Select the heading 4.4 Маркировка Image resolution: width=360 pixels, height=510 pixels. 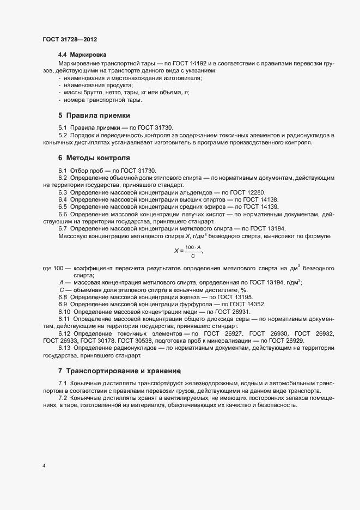click(83, 55)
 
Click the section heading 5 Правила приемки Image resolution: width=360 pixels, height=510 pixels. click(94, 116)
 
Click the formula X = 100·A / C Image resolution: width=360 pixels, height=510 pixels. click(187, 251)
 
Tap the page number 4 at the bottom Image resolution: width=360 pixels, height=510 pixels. click(44, 466)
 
